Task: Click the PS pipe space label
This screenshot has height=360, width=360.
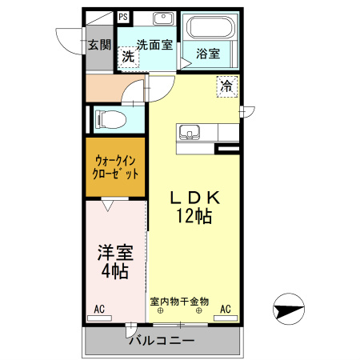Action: point(123,17)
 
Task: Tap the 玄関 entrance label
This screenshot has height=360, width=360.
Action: point(99,45)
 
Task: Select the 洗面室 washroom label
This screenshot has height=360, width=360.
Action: point(154,45)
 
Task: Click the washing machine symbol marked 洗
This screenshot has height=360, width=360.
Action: point(129,57)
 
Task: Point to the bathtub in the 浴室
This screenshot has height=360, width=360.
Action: point(210,27)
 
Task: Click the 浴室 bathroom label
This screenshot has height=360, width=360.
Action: point(208,54)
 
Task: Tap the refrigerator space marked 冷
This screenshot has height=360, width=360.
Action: point(227,86)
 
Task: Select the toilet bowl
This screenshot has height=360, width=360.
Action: point(110,120)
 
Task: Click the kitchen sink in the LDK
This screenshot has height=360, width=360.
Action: point(190,132)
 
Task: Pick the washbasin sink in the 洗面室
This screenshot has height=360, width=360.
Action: point(163,18)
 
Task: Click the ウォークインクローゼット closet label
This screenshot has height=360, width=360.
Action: point(115,167)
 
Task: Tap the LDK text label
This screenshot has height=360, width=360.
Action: point(195,198)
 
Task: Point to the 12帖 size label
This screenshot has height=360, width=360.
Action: point(194,215)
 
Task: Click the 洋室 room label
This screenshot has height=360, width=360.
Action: point(115,252)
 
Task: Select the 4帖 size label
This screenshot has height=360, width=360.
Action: point(115,271)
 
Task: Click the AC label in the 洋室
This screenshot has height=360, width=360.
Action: point(99,309)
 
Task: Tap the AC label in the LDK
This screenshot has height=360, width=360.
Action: point(226,309)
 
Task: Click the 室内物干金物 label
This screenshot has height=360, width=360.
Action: point(179,302)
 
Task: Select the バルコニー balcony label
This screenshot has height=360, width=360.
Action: point(162,341)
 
